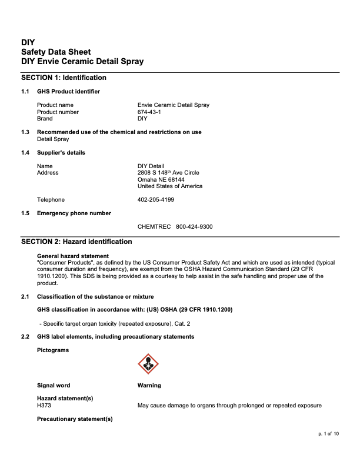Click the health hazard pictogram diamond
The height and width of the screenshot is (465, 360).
[148, 364]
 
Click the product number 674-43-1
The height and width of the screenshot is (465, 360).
[149, 112]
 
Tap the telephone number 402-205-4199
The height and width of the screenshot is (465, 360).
[155, 200]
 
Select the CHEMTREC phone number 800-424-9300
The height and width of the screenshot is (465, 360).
[194, 226]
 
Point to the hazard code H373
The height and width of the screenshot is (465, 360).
[45, 406]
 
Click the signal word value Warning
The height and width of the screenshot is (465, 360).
[149, 386]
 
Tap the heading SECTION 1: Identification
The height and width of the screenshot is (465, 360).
[64, 78]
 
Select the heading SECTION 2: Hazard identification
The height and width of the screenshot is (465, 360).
[76, 242]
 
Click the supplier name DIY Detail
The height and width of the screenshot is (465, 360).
[151, 166]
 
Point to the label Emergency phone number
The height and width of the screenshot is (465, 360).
[74, 213]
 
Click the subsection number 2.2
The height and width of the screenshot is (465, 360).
[25, 337]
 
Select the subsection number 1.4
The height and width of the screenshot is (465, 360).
[25, 153]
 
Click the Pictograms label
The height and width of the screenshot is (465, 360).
[53, 350]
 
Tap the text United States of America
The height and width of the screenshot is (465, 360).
[170, 186]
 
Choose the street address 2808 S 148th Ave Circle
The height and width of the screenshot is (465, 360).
[168, 173]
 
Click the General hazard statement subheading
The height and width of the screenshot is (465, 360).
[73, 256]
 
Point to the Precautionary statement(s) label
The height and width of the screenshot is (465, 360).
[75, 419]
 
